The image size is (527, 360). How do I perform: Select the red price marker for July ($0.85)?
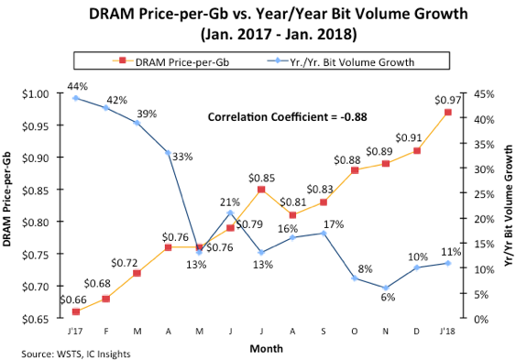pyautogui.click(x=261, y=190)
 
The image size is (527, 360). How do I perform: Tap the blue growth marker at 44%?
pyautogui.click(x=76, y=98)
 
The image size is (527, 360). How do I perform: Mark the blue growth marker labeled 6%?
pyautogui.click(x=386, y=288)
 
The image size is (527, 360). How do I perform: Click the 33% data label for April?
pyautogui.click(x=181, y=157)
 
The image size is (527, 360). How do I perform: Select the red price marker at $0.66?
pyautogui.click(x=76, y=312)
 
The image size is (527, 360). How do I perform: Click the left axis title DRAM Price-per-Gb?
pyautogui.click(x=13, y=205)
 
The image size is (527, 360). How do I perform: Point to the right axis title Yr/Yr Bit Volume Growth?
pyautogui.click(x=509, y=205)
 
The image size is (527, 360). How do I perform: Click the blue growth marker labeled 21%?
pyautogui.click(x=230, y=213)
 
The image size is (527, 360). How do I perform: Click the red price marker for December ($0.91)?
pyautogui.click(x=417, y=150)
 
